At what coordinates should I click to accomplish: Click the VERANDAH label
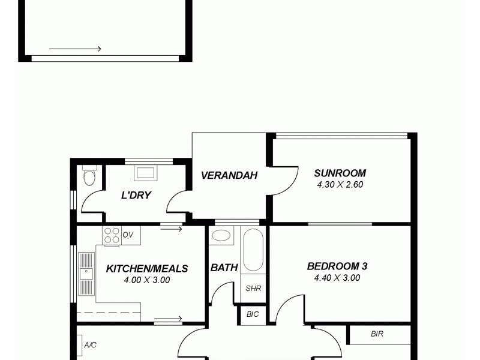(229, 176)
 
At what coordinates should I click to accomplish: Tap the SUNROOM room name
(340, 173)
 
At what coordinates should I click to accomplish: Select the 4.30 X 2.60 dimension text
(340, 185)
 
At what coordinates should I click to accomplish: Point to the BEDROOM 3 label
(337, 266)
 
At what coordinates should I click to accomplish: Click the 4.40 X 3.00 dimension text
(337, 278)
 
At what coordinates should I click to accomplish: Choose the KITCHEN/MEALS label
(147, 269)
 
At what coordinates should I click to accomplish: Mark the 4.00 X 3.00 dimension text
(147, 280)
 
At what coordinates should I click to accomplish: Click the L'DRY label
(136, 195)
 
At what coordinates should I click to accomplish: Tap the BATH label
(224, 268)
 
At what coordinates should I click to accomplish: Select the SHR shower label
(253, 288)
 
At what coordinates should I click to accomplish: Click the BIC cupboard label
(253, 314)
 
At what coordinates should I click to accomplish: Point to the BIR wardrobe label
(377, 334)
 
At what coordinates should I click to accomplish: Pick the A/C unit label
(91, 345)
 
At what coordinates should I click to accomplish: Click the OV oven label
(128, 235)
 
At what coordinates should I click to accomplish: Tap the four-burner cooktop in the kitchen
(112, 235)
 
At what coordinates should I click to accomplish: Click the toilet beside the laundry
(89, 176)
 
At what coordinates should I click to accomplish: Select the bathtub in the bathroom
(253, 250)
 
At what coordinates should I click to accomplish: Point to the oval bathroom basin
(221, 235)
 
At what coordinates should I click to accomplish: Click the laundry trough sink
(146, 173)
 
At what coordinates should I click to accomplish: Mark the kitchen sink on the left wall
(86, 274)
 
